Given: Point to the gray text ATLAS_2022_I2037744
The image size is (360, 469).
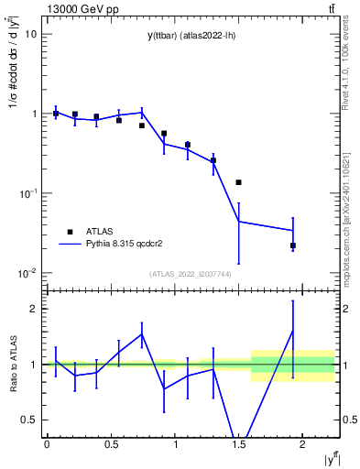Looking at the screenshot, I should tap(190, 274).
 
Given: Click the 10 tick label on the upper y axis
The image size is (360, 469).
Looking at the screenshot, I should tap(29, 35).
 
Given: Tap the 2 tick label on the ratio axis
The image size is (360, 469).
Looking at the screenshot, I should tap(31, 309).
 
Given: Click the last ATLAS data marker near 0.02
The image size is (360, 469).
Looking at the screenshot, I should tap(293, 245).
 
